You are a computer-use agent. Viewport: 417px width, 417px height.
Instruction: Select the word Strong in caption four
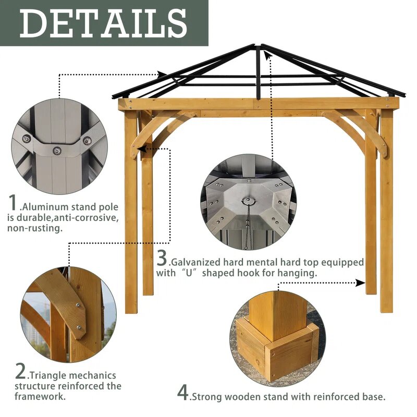[207, 397]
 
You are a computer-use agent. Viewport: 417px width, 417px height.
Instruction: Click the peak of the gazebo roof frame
[259, 46]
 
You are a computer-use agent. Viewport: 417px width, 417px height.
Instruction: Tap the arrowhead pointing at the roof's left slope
[163, 75]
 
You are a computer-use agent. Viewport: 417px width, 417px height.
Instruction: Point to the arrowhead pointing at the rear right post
[360, 283]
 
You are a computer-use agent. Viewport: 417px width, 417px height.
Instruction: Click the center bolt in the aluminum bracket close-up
[57, 151]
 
